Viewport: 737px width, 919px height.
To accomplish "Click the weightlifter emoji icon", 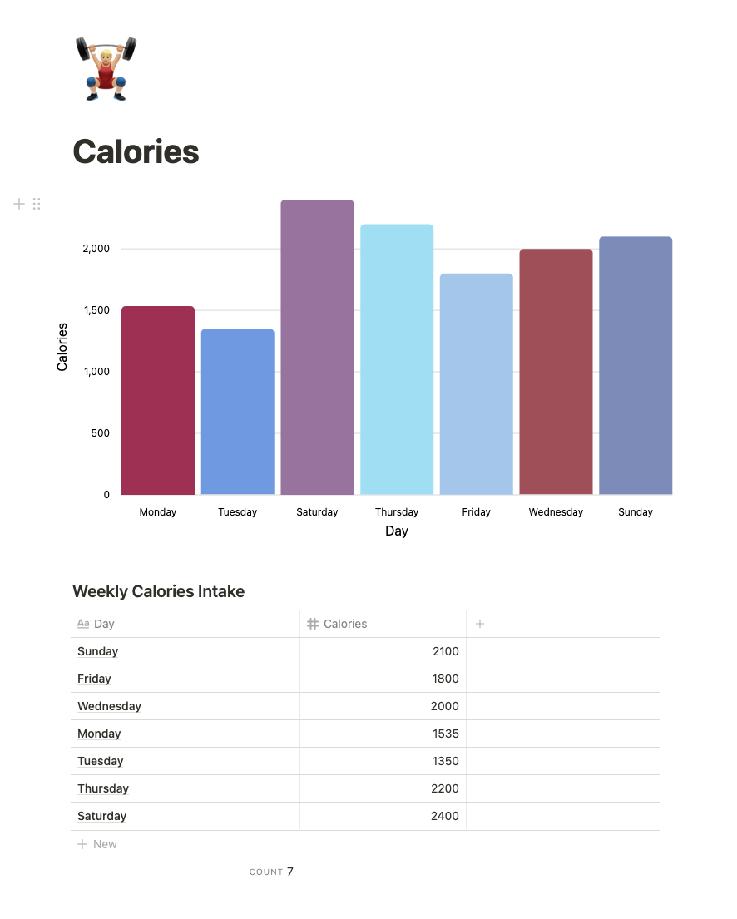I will coord(106,69).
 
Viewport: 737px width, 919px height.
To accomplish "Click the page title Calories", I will coord(136,151).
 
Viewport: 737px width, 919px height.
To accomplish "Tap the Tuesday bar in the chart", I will coord(237,412).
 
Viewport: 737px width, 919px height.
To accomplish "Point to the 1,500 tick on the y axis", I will coord(96,310).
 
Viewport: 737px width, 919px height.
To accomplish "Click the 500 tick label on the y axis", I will coord(100,433).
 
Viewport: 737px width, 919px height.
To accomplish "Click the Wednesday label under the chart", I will coord(556,512).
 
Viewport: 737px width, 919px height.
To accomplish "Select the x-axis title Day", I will coord(397,531).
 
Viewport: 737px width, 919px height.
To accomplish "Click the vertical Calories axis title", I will coord(62,347).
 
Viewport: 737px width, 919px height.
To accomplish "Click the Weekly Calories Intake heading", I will coord(158,591).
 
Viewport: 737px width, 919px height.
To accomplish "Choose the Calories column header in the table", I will coord(344,624).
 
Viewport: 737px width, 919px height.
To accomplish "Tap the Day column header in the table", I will coord(103,624).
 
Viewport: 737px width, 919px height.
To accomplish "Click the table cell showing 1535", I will coord(445,734).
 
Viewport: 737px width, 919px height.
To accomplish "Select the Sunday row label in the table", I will coord(98,651).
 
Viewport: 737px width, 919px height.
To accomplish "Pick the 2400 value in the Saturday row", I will coord(444,816).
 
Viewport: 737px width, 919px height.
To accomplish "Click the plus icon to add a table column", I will coord(480,624).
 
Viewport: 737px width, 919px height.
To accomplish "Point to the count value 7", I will coord(290,872).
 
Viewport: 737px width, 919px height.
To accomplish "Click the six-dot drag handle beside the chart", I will coord(37,204).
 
